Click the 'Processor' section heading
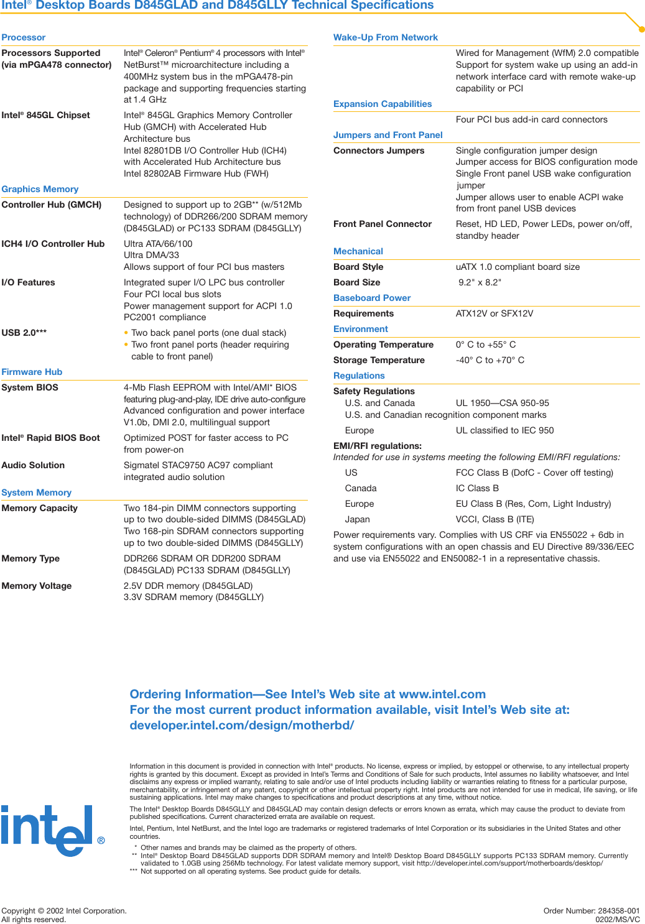click(24, 37)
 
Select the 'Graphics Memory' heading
click(40, 189)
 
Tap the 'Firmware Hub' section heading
click(32, 372)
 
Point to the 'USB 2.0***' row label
click(24, 333)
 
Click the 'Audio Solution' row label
click(33, 465)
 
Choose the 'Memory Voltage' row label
click(37, 586)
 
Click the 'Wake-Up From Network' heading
click(386, 37)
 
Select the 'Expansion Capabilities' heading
click(383, 104)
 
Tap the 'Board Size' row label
click(357, 282)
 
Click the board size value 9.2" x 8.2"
click(480, 282)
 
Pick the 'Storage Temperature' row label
click(379, 360)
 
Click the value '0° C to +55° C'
click(486, 344)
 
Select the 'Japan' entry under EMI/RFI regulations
click(358, 519)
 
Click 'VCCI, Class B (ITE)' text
click(495, 519)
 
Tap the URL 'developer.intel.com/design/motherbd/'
click(242, 725)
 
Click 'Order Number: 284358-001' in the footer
click(592, 911)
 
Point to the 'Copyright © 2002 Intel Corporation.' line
click(64, 911)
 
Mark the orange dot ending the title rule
click(642, 29)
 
